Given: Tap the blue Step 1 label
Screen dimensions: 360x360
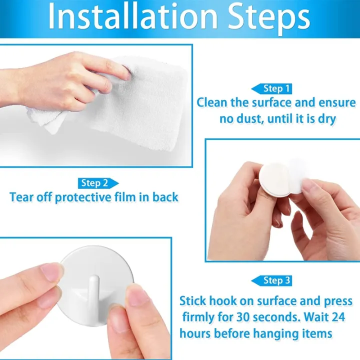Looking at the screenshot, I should (x=276, y=89).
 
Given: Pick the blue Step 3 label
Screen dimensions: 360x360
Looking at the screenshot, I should (x=276, y=280).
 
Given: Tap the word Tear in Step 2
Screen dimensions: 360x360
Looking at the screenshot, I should (x=21, y=197).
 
